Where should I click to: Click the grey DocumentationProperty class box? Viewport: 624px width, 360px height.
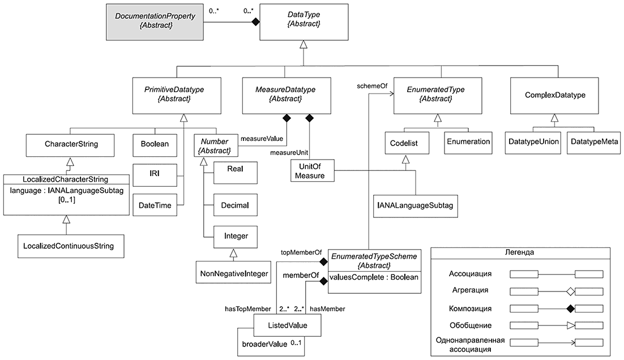point(155,22)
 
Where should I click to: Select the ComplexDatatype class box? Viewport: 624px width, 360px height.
point(554,96)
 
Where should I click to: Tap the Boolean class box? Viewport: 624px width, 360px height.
point(155,144)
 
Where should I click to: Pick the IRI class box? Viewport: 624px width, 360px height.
point(155,175)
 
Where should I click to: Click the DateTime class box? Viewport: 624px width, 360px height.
point(155,205)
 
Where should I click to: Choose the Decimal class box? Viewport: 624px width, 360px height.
point(235,205)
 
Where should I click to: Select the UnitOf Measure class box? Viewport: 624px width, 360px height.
point(312,170)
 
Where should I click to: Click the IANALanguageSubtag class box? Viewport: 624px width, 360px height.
point(416,205)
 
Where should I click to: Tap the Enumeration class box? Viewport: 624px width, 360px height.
point(468,143)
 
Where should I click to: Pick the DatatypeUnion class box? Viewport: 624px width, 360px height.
point(533,143)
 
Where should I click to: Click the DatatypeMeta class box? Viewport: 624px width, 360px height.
point(594,143)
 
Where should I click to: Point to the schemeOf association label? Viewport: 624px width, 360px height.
point(372,86)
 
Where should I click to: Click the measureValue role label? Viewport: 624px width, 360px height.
point(262,139)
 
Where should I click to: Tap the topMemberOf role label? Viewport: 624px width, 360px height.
point(301,252)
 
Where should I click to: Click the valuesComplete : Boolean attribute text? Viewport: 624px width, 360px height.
point(374,277)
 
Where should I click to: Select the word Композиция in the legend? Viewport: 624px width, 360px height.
point(470,308)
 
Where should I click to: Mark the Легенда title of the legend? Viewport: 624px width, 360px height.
point(519,252)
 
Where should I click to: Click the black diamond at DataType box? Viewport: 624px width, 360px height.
point(255,22)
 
